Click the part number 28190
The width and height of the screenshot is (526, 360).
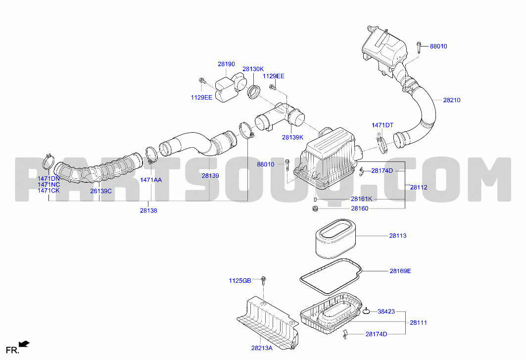(x=226, y=64)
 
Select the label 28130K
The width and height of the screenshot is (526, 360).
(x=253, y=69)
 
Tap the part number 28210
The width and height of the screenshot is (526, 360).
(x=451, y=100)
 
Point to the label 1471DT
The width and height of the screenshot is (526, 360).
(x=383, y=125)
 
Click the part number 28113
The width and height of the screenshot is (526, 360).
(x=397, y=236)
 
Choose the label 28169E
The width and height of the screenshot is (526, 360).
(x=400, y=271)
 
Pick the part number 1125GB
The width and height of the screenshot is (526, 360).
(x=240, y=281)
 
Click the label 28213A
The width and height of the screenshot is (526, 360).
(x=262, y=348)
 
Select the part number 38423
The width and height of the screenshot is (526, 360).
(x=386, y=311)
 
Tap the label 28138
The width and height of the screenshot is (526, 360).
(x=148, y=211)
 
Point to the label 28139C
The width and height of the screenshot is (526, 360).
(x=100, y=192)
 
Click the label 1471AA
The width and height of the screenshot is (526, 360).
(x=151, y=180)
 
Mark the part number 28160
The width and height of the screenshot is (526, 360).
(x=360, y=208)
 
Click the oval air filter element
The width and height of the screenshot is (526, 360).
(x=335, y=239)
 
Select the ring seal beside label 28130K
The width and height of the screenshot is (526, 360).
(x=254, y=92)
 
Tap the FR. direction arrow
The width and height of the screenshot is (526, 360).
(x=24, y=344)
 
